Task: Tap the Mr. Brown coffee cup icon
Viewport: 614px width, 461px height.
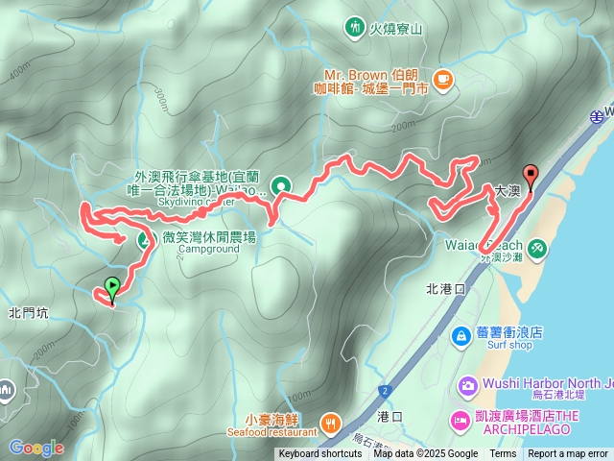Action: [x=442, y=80]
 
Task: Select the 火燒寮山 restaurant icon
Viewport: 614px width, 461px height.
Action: [x=355, y=28]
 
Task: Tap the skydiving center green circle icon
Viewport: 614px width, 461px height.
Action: [x=281, y=186]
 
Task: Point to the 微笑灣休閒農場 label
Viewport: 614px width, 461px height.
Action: [x=209, y=236]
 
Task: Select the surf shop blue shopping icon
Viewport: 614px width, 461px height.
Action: [x=460, y=333]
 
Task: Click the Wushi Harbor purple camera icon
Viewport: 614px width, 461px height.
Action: [x=468, y=386]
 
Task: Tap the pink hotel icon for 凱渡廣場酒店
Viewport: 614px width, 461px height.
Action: [x=459, y=422]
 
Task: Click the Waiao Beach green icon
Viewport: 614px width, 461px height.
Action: [x=536, y=248]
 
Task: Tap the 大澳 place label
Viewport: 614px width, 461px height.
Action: [x=508, y=192]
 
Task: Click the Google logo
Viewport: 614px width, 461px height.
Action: [x=36, y=448]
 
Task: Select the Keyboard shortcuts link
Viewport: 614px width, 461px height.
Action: [x=320, y=454]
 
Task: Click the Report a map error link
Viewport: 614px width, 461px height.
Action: [x=568, y=454]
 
